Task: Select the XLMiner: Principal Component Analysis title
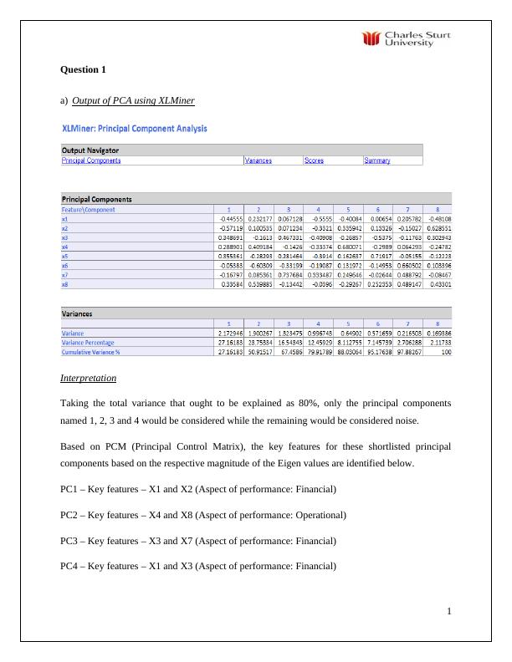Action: (135, 129)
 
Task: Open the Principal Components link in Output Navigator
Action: (91, 160)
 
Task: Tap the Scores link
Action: (314, 160)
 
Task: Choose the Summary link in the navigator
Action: (376, 160)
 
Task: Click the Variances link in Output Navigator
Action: (258, 160)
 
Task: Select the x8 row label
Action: (64, 283)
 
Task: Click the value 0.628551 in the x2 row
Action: (437, 227)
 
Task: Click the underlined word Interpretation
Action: (88, 379)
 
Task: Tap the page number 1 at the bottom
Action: (449, 611)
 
